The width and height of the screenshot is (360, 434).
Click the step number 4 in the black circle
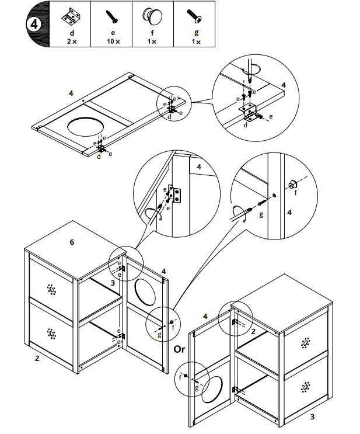(x=34, y=25)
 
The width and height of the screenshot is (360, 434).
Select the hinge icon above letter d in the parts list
(x=71, y=16)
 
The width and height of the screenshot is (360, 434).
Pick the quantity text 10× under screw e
(x=113, y=41)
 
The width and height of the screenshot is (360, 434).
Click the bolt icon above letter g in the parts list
(x=195, y=16)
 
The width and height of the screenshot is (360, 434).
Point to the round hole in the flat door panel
(x=85, y=127)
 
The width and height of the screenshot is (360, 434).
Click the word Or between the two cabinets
(x=179, y=349)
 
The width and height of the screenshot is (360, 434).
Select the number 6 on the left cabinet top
(x=72, y=242)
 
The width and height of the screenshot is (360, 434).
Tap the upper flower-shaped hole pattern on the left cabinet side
(x=51, y=289)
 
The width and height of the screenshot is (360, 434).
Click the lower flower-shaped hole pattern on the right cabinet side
(x=305, y=387)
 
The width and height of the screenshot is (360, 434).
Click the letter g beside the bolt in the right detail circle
(x=261, y=214)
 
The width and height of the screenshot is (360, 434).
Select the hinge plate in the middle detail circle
(x=174, y=194)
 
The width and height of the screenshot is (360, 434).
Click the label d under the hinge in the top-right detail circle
(x=245, y=125)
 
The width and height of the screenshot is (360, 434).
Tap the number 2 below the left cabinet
(x=37, y=358)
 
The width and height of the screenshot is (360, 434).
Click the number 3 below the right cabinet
(x=312, y=416)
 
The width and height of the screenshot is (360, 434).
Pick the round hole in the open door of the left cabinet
(x=145, y=292)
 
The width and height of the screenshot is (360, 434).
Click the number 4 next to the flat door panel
(x=71, y=93)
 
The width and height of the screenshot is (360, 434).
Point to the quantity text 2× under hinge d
(x=72, y=41)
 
